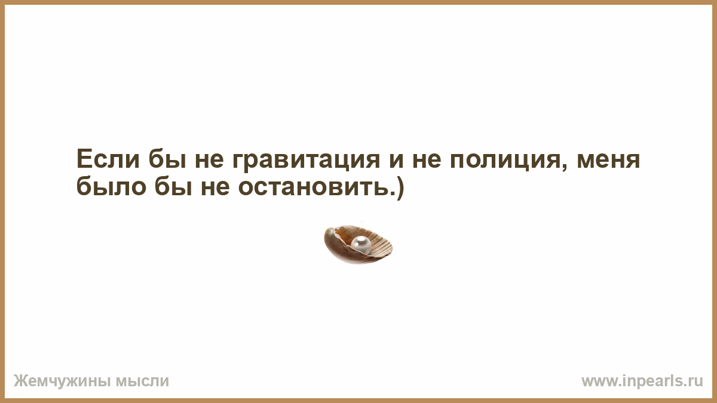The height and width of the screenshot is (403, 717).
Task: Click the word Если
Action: [108, 159]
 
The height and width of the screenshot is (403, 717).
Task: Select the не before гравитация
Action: [209, 161]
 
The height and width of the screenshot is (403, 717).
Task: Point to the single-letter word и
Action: [396, 161]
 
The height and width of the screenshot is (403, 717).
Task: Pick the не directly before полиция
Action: [427, 161]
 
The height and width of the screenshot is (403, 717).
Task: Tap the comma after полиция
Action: [564, 168]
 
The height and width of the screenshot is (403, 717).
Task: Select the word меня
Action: [608, 161]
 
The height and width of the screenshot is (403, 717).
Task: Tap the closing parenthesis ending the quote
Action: [400, 188]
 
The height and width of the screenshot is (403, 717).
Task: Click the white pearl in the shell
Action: [361, 245]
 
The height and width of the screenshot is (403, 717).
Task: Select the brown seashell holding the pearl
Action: [358, 244]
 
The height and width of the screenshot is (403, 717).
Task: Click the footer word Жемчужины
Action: [62, 381]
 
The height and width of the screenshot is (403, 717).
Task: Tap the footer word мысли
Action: [142, 382]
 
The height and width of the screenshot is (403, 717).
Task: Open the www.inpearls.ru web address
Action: [642, 382]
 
